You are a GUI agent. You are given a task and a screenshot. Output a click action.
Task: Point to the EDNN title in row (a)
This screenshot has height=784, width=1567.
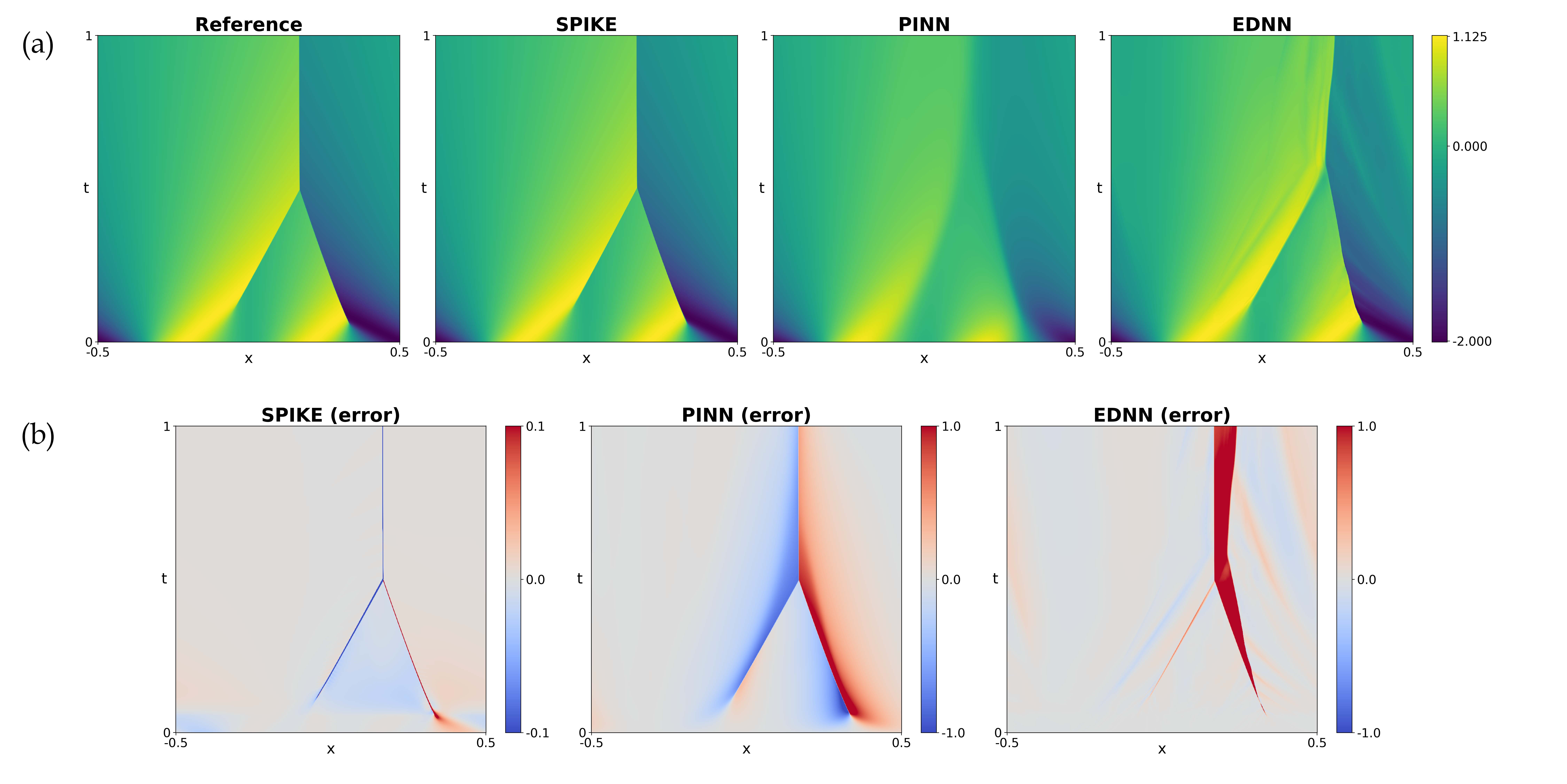(1262, 24)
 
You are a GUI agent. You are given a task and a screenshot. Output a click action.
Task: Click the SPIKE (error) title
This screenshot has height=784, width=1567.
(330, 415)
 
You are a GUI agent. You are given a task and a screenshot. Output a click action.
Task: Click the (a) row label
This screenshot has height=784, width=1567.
(38, 45)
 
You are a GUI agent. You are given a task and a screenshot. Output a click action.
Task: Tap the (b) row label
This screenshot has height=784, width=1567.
(38, 436)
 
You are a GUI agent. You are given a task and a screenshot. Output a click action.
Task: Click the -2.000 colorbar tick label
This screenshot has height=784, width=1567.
(1471, 341)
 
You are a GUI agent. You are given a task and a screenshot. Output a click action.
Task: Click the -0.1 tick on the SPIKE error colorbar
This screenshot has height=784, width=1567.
(537, 733)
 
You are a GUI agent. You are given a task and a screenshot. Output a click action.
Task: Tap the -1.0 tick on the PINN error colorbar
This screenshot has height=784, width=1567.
(953, 733)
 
